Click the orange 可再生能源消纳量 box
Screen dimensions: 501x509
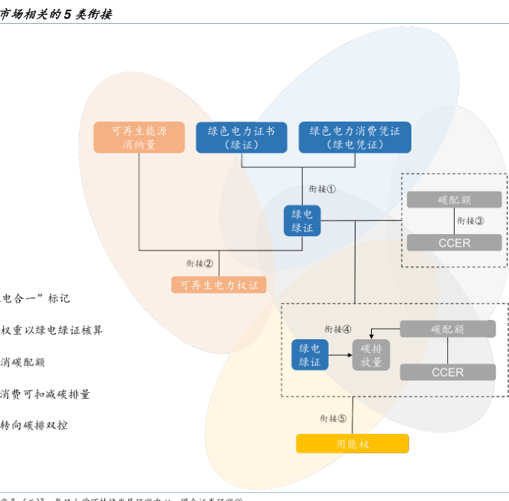139,137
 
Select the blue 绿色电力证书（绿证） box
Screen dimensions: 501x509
241,137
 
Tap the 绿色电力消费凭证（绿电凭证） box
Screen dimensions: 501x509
355,137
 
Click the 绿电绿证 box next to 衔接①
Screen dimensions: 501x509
302,221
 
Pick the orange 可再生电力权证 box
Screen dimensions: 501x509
218,285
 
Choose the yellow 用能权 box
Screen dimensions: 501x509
352,444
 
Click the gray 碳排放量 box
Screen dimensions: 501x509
371,355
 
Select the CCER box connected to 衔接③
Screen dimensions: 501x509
454,243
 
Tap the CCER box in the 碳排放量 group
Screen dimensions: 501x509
447,372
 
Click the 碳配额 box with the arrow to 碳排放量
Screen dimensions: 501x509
447,329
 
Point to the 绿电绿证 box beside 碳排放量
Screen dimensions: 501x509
309,355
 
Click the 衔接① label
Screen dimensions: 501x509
322,189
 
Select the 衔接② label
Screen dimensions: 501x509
200,263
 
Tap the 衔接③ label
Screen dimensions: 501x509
470,221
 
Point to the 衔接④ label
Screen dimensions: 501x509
338,329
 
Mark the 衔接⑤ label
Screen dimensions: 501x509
333,418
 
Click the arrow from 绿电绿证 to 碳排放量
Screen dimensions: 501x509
340,356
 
